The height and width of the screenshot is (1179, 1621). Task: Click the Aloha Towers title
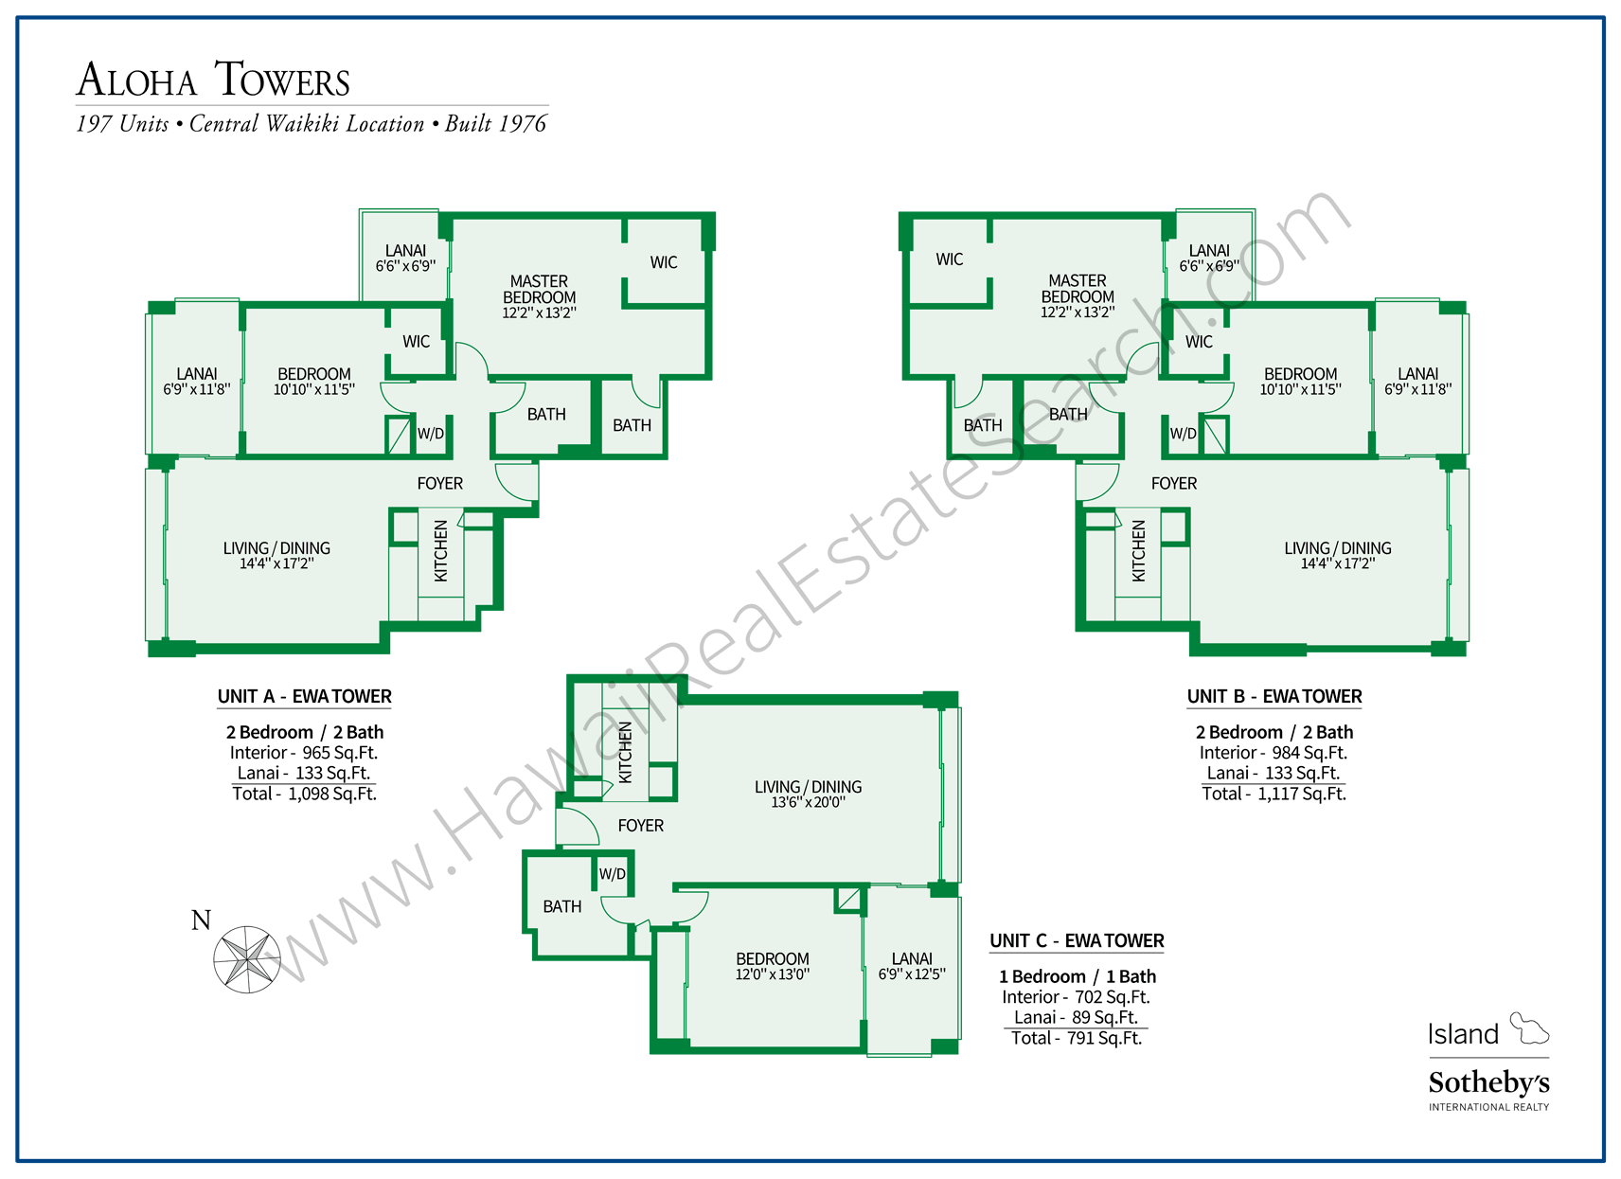coord(214,80)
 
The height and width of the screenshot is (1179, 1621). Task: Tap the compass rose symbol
coord(246,958)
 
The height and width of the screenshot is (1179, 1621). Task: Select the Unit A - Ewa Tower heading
coord(304,697)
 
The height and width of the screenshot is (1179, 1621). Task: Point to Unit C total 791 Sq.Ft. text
coord(1076,1038)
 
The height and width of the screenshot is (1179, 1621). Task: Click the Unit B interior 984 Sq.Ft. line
coord(1273,753)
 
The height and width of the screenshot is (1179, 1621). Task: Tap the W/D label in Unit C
coord(612,874)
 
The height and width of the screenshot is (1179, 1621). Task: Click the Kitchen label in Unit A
coord(440,550)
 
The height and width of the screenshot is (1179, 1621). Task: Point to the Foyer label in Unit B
coord(1174,484)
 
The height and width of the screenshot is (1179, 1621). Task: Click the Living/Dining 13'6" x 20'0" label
coord(808,794)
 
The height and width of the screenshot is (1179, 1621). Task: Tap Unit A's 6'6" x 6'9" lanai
coord(405,258)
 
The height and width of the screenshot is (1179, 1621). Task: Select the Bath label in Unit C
coord(561,907)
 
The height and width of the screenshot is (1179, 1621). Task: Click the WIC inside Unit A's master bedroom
coord(664,262)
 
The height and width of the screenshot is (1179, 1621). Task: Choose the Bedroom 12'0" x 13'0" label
coord(772,966)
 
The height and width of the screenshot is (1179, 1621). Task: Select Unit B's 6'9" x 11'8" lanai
coord(1417,381)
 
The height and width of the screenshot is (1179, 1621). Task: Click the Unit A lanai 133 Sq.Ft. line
coord(304,773)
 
